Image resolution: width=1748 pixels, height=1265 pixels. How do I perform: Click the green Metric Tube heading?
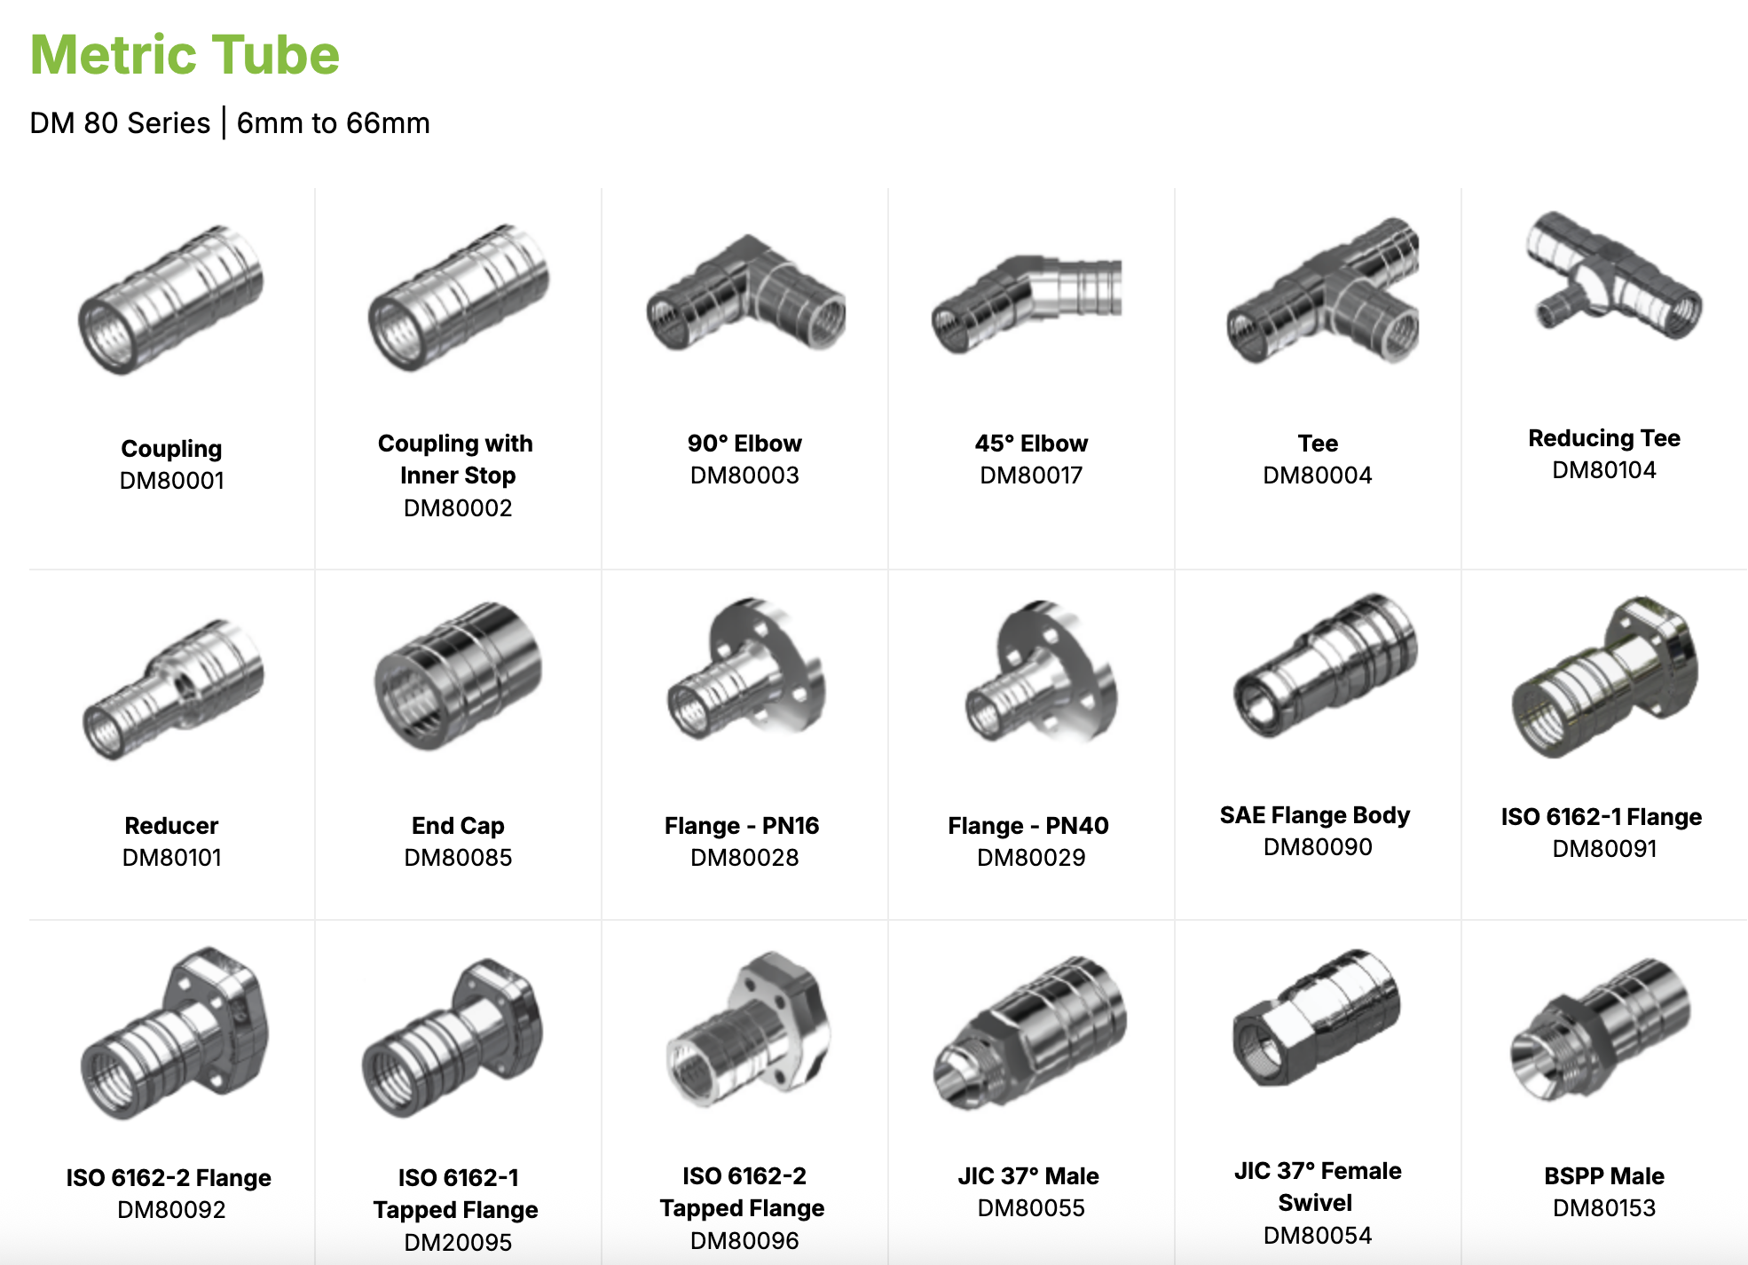pyautogui.click(x=185, y=55)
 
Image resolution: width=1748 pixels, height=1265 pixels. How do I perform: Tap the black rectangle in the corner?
pyautogui.click(x=1627, y=67)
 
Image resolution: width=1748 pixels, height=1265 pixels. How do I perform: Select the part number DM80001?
pyautogui.click(x=172, y=481)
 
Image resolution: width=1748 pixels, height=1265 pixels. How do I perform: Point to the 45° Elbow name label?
pyautogui.click(x=1031, y=444)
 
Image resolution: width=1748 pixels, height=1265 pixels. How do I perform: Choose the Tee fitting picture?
pyautogui.click(x=1322, y=293)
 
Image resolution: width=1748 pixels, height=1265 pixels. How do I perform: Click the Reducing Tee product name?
pyautogui.click(x=1603, y=438)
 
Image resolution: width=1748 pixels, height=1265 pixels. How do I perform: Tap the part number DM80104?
pyautogui.click(x=1603, y=470)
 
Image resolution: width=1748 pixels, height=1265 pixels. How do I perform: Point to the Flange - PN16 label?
pyautogui.click(x=742, y=826)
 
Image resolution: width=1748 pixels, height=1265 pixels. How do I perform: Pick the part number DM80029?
pyautogui.click(x=1031, y=858)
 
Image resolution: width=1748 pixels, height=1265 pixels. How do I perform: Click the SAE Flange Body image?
pyautogui.click(x=1325, y=665)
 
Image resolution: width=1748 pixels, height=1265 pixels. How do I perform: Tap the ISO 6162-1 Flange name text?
pyautogui.click(x=1601, y=817)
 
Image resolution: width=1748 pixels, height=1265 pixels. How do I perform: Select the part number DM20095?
pyautogui.click(x=458, y=1242)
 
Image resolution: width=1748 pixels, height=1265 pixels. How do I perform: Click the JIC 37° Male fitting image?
pyautogui.click(x=1029, y=1033)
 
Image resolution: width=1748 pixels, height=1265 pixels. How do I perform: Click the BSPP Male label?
pyautogui.click(x=1603, y=1176)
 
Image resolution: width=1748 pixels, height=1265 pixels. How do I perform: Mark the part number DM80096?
pyautogui.click(x=744, y=1240)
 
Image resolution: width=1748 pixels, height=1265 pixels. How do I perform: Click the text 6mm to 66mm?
pyautogui.click(x=333, y=123)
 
